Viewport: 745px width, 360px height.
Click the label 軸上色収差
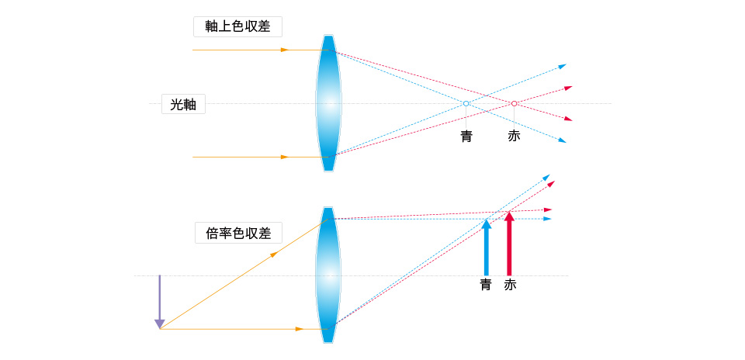pyautogui.click(x=237, y=26)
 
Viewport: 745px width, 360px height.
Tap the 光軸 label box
pyautogui.click(x=183, y=104)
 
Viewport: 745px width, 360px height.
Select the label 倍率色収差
pyautogui.click(x=238, y=233)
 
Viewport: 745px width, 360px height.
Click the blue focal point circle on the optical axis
pyautogui.click(x=466, y=103)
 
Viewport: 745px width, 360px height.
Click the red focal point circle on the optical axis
pyautogui.click(x=514, y=103)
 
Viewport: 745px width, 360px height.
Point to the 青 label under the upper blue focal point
pyautogui.click(x=466, y=136)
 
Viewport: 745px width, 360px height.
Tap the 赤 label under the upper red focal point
pyautogui.click(x=514, y=136)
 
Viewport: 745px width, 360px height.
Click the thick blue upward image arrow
pyautogui.click(x=486, y=247)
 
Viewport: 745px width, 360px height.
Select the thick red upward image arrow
pyautogui.click(x=509, y=244)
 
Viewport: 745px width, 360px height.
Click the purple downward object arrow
pyautogui.click(x=160, y=302)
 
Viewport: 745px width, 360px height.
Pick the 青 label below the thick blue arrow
pyautogui.click(x=486, y=285)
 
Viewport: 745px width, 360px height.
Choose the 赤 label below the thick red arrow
pyautogui.click(x=510, y=285)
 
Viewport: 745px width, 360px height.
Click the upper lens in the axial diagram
pyautogui.click(x=328, y=103)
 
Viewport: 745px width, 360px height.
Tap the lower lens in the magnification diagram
pyautogui.click(x=328, y=275)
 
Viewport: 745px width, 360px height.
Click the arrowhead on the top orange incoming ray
pyautogui.click(x=285, y=50)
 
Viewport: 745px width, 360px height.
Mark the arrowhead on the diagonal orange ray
pyautogui.click(x=274, y=255)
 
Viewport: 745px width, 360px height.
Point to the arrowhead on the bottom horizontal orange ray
pyautogui.click(x=300, y=329)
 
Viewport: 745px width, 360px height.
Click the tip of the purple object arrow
pyautogui.click(x=160, y=329)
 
